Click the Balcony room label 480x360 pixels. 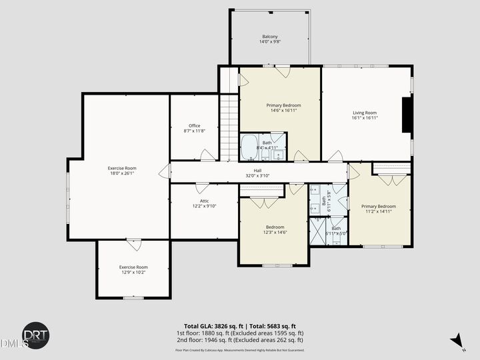(x=269, y=37)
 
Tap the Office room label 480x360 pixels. (x=194, y=125)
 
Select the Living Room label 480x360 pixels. (x=365, y=113)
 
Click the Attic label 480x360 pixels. (x=204, y=201)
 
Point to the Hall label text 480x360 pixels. (x=257, y=170)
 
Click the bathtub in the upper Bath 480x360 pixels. (x=249, y=145)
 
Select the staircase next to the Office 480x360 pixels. (x=229, y=127)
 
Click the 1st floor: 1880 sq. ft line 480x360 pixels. (x=240, y=333)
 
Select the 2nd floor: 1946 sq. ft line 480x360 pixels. (x=240, y=340)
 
